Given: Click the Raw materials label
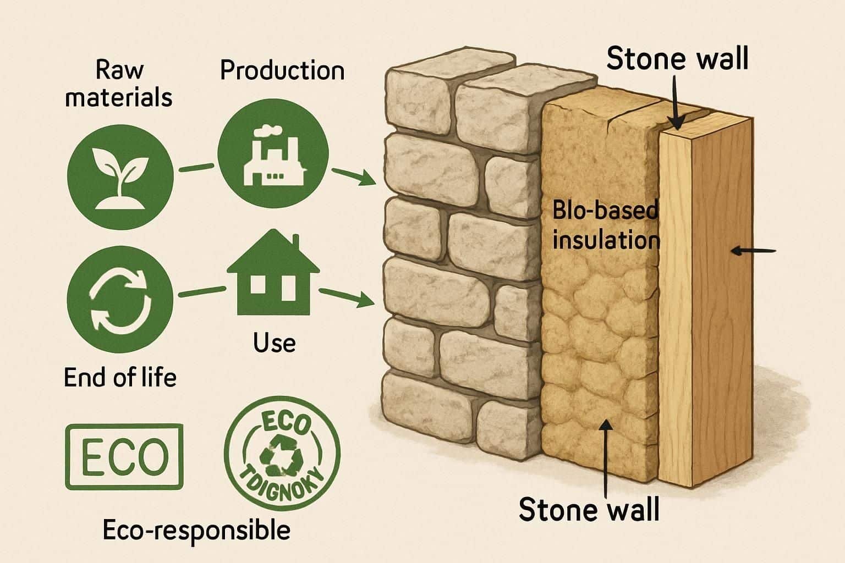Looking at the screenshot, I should pos(119,84).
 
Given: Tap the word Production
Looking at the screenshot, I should pos(282,71).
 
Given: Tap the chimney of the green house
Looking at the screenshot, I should pos(295,242).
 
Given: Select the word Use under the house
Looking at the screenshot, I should pos(274,343).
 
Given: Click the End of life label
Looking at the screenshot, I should pos(120,378).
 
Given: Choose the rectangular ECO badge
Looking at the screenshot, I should pos(124,456).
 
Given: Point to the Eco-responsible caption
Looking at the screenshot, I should pos(196,530).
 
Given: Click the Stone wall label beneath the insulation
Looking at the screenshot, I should pos(589,509).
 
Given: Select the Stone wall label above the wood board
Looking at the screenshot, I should pos(677,59).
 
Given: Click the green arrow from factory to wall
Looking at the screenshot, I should pos(354,177).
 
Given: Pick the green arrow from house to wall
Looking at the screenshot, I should pos(344,297).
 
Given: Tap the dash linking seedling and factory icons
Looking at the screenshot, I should pos(196,167).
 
